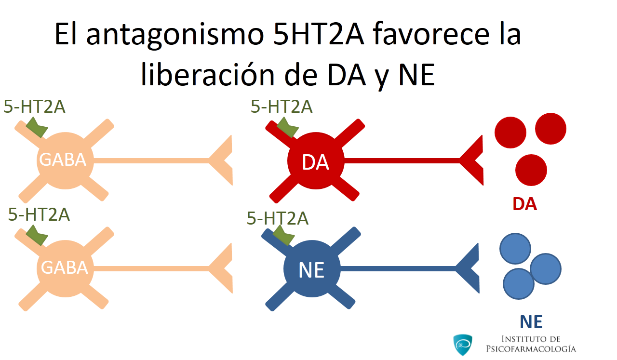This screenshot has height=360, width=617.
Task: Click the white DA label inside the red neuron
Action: pos(315,162)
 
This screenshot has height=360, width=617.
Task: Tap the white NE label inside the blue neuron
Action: pos(311,270)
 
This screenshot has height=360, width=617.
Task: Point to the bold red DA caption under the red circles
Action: pos(525,204)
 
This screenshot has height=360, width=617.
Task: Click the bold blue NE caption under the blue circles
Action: pos(531,322)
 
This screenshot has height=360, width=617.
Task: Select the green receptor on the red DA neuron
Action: pos(287,127)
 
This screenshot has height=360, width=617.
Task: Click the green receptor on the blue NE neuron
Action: pos(283,236)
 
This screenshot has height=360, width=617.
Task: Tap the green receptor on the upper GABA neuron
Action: pos(37,127)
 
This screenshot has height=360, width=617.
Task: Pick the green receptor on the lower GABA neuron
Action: pos(37,235)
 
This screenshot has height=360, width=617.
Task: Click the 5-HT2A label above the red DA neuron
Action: pos(282,107)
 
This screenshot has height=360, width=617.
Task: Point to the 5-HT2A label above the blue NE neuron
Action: pos(277,218)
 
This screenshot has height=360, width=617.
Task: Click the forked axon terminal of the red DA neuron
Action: pos(471,160)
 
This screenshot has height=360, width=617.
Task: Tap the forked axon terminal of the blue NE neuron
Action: pos(468,268)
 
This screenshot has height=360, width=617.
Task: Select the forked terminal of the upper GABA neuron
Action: pos(221,160)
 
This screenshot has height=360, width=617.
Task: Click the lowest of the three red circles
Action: pos(531,170)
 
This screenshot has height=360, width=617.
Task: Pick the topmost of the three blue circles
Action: pos(515,249)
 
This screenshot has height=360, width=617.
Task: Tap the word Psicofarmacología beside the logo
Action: pos(531,349)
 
